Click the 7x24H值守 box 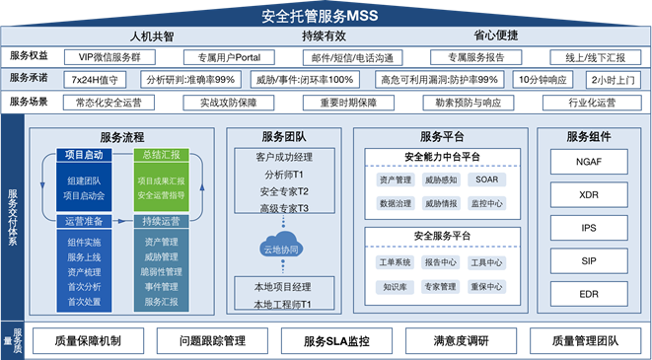coord(96,79)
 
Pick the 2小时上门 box coord(612,79)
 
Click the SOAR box coord(486,180)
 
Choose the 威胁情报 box coord(440,203)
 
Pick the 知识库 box coord(395,286)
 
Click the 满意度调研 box coord(461,341)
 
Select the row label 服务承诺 coord(30,79)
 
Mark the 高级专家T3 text coord(284,209)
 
